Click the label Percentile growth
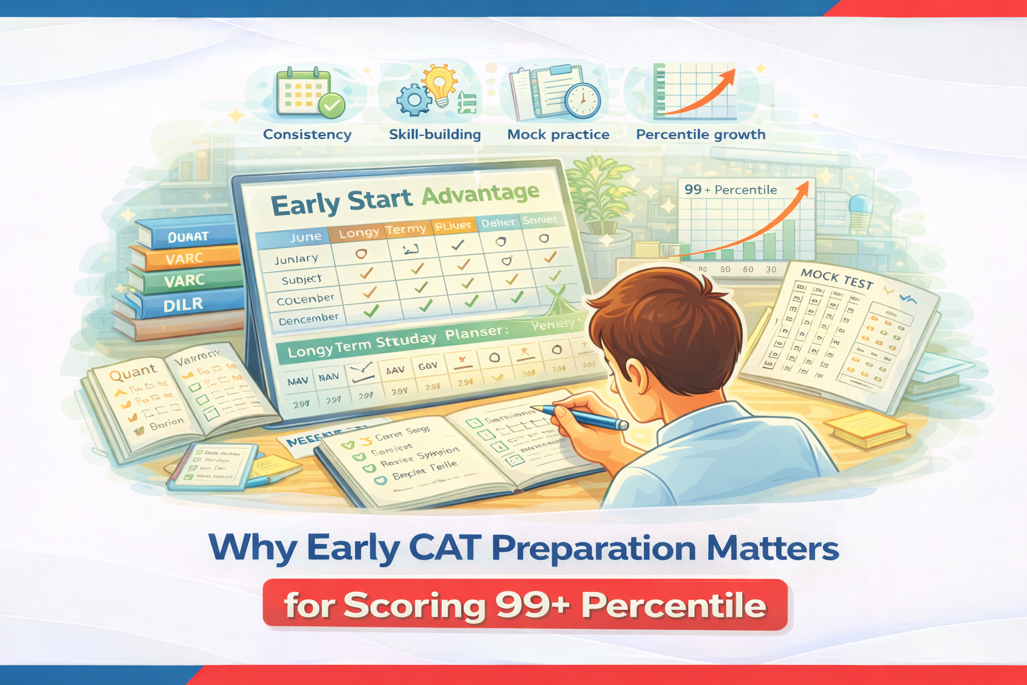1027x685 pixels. pyautogui.click(x=701, y=134)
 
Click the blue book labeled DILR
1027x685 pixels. pyautogui.click(x=183, y=305)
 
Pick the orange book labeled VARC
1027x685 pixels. pyautogui.click(x=185, y=258)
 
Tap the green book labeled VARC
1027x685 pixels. pyautogui.click(x=185, y=280)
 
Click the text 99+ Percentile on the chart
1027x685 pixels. pyautogui.click(x=730, y=190)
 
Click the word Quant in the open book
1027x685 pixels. pyautogui.click(x=132, y=372)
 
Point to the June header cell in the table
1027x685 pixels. pyautogui.click(x=306, y=237)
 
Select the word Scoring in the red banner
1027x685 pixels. pyautogui.click(x=415, y=605)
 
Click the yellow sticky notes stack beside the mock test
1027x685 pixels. pyautogui.click(x=866, y=429)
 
